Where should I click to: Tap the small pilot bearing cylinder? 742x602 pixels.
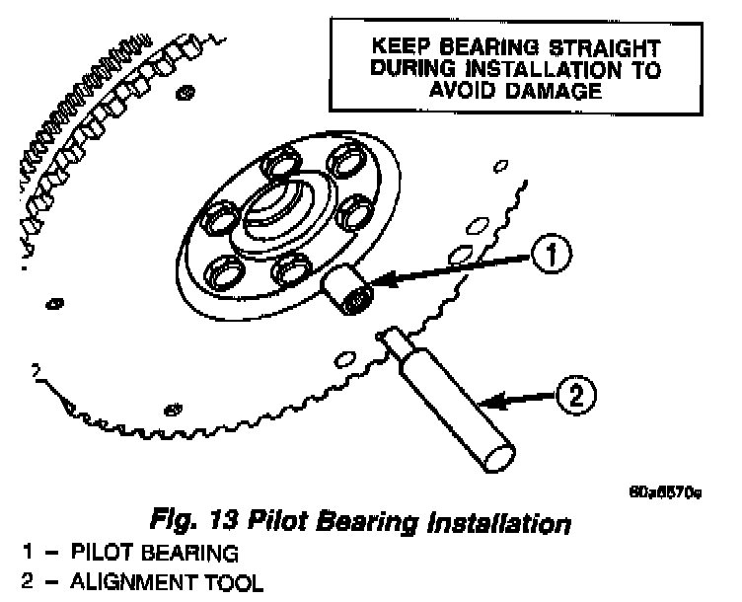click(346, 292)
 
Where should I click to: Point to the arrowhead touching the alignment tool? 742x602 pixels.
click(490, 402)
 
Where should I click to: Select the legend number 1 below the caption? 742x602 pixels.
click(9, 554)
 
